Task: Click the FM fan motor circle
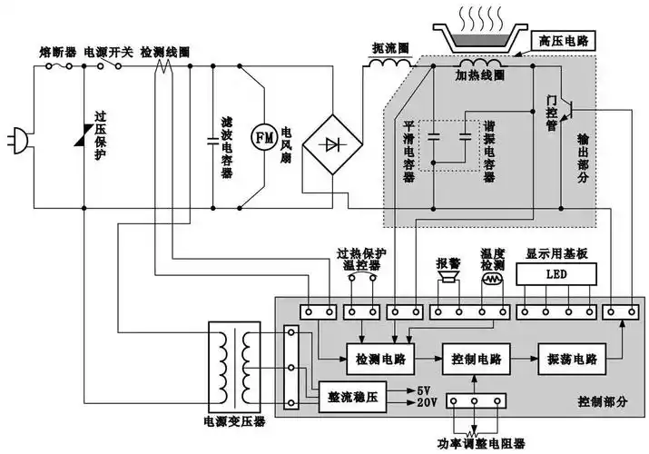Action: [263, 137]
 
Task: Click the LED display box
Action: [556, 273]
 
